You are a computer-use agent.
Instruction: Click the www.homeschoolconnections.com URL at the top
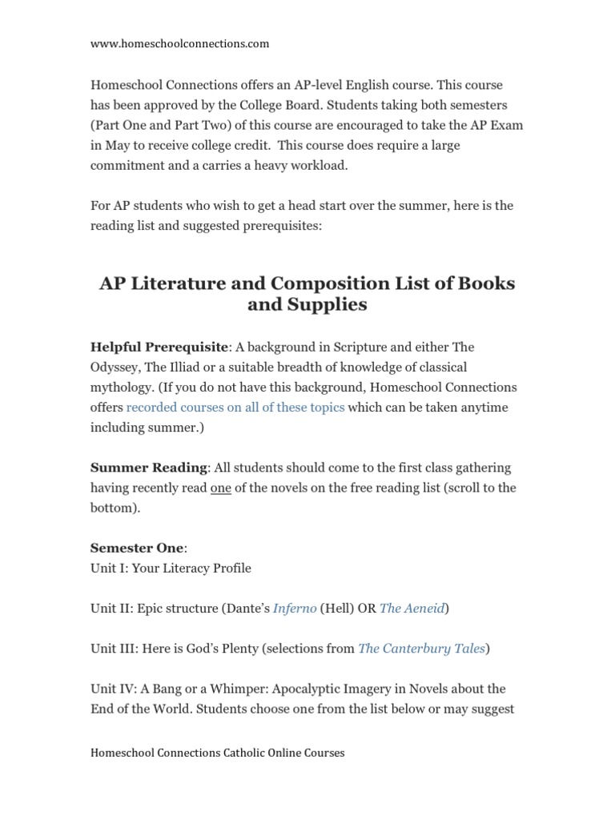pyautogui.click(x=179, y=44)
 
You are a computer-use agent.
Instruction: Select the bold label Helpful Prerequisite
pyautogui.click(x=159, y=347)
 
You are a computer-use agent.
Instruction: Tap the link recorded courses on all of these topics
pyautogui.click(x=235, y=407)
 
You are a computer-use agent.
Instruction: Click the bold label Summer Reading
pyautogui.click(x=149, y=467)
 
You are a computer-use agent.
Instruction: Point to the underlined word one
pyautogui.click(x=221, y=487)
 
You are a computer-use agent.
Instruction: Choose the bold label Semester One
pyautogui.click(x=136, y=548)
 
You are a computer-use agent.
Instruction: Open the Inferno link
pyautogui.click(x=294, y=608)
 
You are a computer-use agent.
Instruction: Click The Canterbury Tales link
pyautogui.click(x=421, y=648)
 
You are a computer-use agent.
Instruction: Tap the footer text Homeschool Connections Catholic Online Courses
pyautogui.click(x=217, y=753)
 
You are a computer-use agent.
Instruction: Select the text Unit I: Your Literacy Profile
pyautogui.click(x=171, y=568)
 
